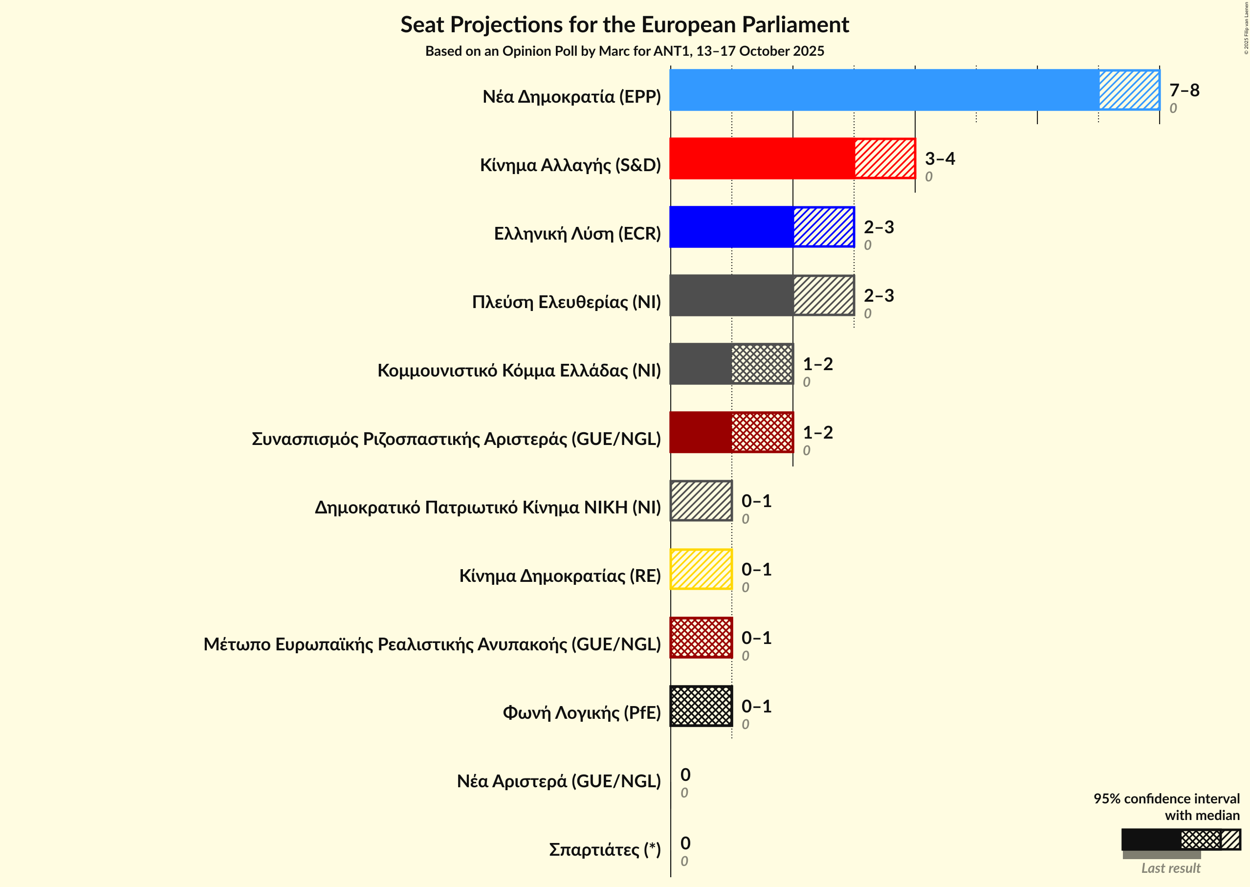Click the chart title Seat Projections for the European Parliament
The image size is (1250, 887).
[624, 25]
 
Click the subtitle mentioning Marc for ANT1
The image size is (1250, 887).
[624, 51]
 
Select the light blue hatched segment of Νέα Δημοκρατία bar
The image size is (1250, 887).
[1129, 90]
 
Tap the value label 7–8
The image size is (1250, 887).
[1184, 90]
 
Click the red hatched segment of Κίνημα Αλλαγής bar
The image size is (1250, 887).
[884, 158]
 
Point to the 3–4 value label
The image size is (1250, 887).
[939, 158]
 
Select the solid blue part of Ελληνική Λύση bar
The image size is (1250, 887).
[731, 227]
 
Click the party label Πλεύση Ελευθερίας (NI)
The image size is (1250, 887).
[566, 302]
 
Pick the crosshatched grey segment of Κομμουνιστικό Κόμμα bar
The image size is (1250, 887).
[762, 364]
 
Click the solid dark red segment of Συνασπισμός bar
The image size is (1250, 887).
[701, 432]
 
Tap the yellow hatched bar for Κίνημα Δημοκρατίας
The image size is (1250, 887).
[701, 569]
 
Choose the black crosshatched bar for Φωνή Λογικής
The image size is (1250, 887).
[701, 706]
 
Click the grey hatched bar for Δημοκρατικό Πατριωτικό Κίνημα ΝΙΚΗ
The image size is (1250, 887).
[701, 501]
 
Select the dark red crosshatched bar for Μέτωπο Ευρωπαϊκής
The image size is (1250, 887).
[701, 638]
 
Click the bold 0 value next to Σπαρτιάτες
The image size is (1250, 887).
[685, 843]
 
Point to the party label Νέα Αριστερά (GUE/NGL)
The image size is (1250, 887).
[558, 781]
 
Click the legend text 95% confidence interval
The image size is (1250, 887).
[1166, 798]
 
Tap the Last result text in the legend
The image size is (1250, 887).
[1170, 868]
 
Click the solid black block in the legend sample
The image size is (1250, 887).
[1150, 840]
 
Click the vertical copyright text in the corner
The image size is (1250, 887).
[1246, 28]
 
